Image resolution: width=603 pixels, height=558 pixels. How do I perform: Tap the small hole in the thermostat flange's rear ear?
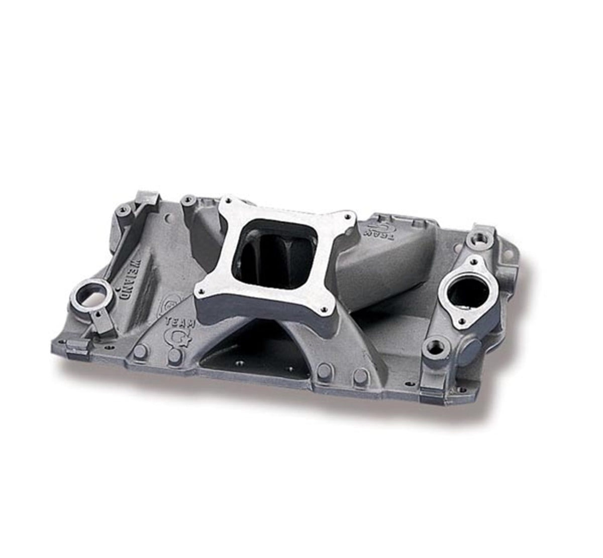[473, 262]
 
